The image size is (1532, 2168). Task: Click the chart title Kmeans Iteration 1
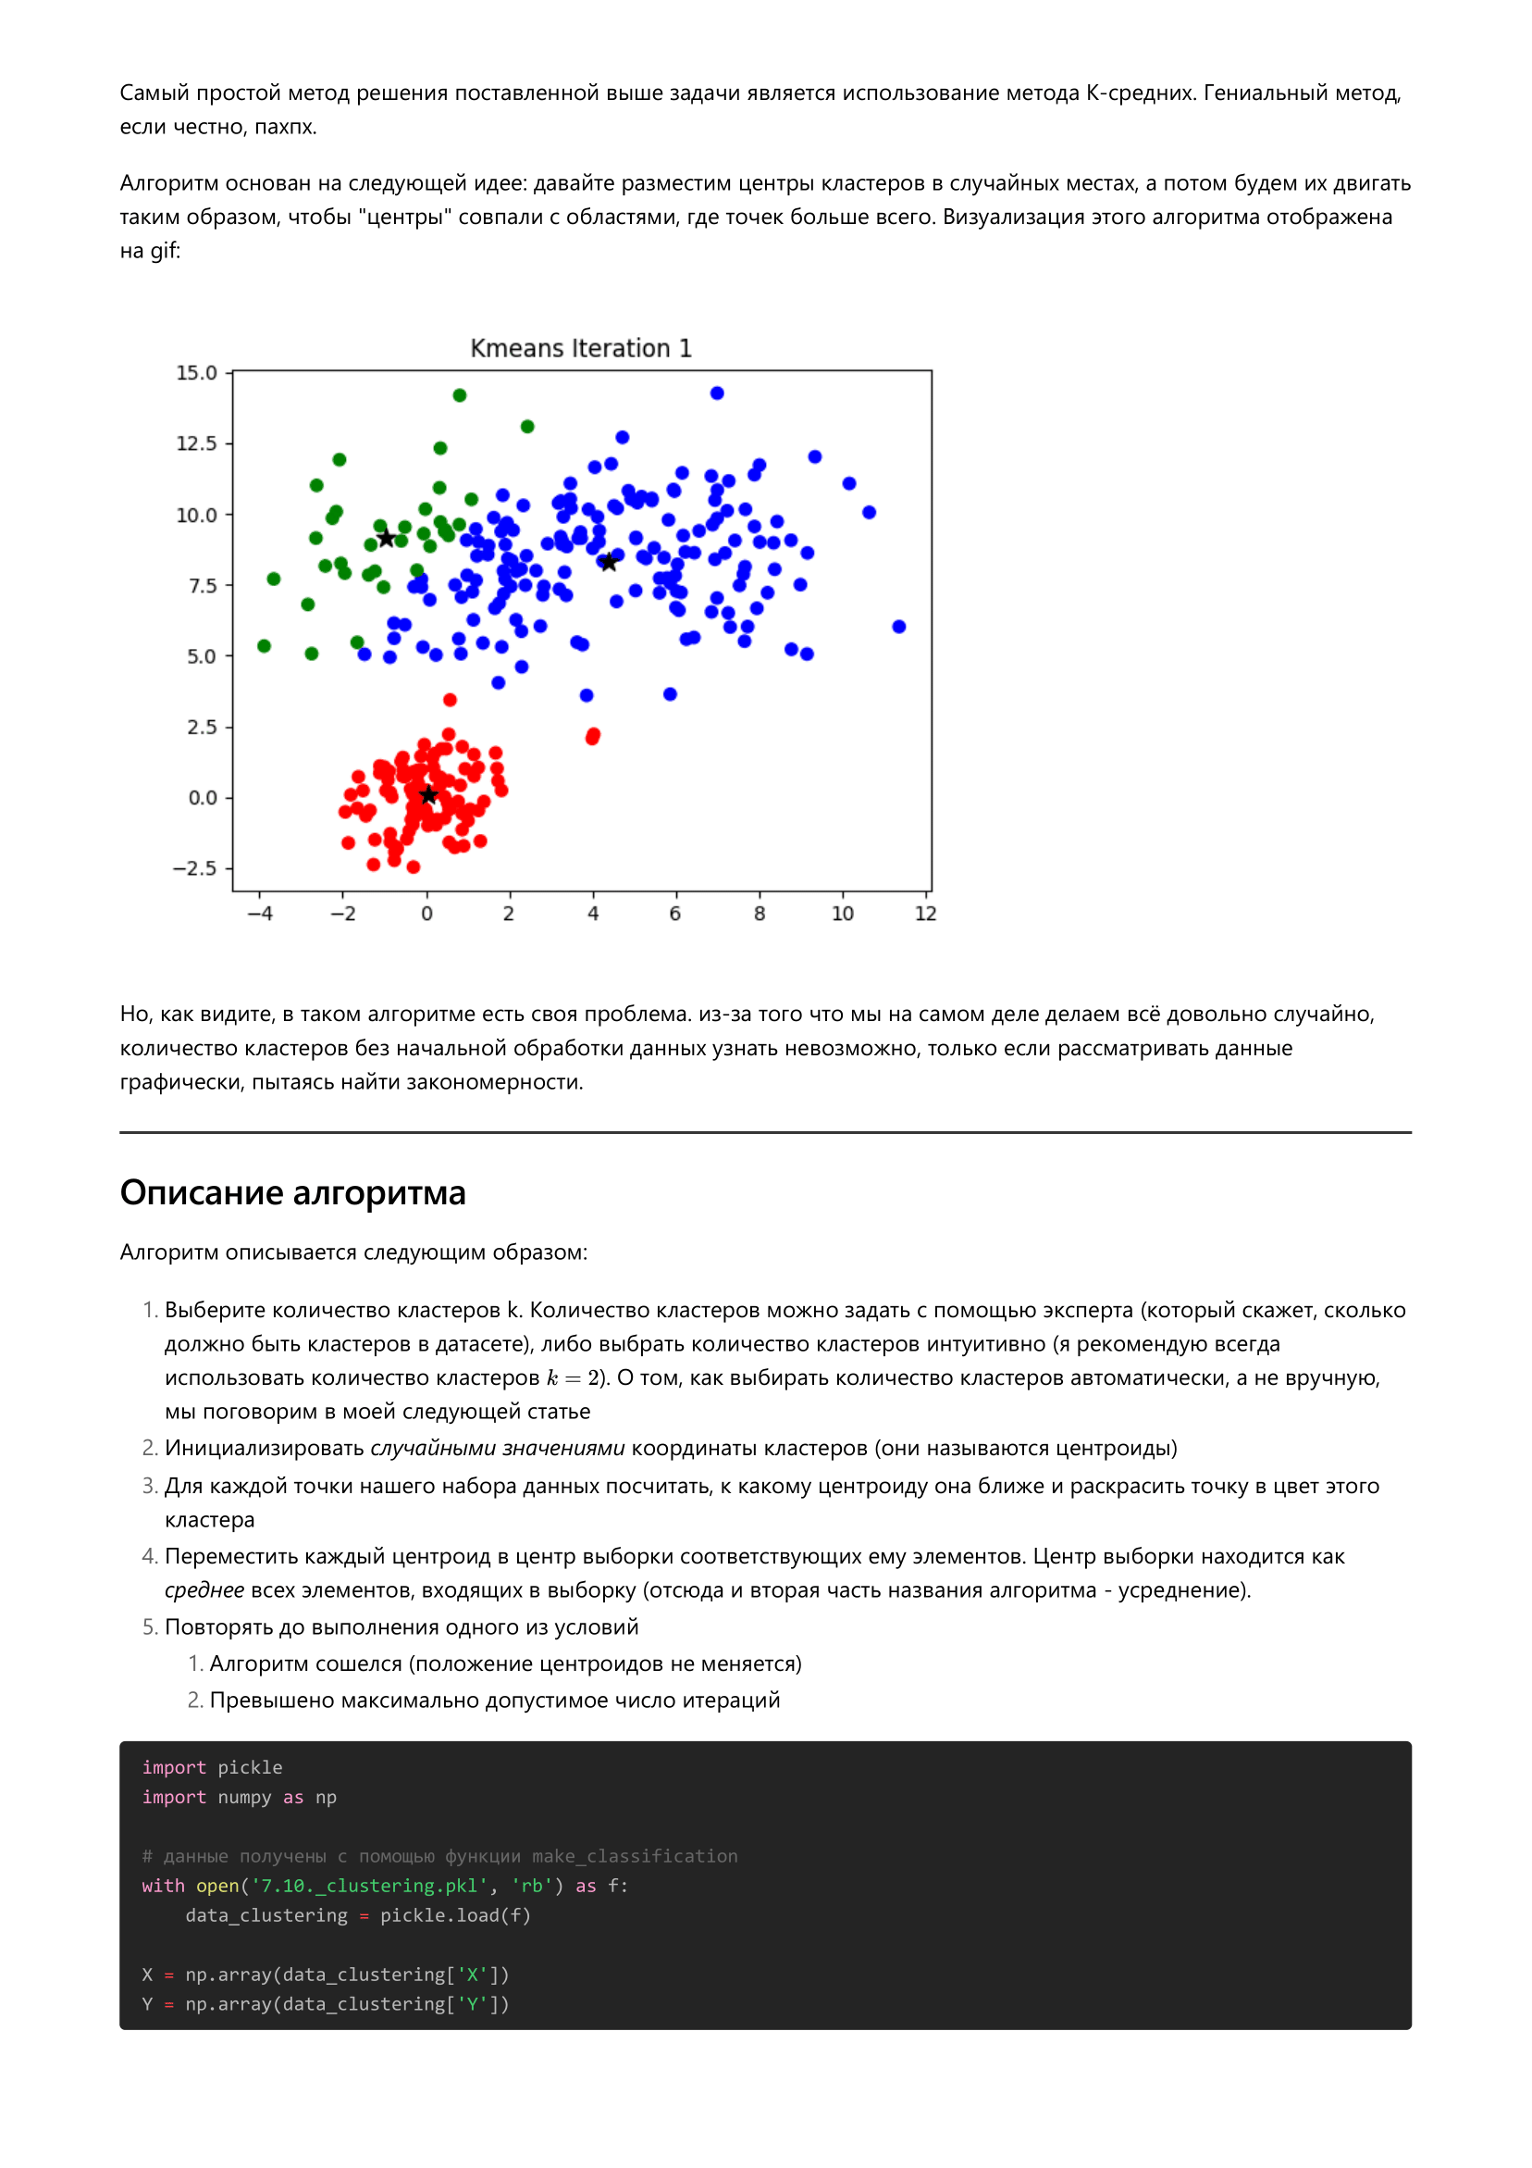point(581,348)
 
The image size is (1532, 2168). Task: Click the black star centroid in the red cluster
point(428,795)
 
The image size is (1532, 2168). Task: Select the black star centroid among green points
point(386,538)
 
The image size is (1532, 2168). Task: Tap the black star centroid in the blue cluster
point(609,563)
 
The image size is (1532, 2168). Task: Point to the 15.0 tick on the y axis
point(196,373)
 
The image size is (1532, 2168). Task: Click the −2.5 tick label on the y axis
point(194,867)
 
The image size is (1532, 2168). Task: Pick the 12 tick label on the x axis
point(925,913)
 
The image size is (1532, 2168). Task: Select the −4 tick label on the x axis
point(260,913)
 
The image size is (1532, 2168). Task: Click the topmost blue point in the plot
point(717,392)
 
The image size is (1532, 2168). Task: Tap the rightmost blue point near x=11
point(898,626)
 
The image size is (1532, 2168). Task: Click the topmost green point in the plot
point(460,394)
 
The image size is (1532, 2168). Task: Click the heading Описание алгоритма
point(292,1192)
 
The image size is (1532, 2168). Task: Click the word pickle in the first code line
point(250,1766)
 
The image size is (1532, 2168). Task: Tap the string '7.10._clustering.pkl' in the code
point(369,1886)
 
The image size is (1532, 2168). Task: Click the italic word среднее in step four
point(204,1590)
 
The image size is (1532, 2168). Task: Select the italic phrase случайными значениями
point(498,1448)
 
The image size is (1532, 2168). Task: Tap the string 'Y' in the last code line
point(473,2004)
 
